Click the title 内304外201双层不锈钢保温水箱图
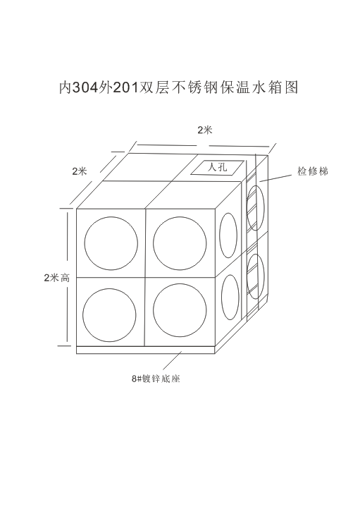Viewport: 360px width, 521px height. (179, 87)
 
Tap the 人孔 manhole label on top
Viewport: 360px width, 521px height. (217, 167)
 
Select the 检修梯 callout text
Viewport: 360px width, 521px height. (313, 171)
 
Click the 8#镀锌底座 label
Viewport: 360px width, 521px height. (156, 379)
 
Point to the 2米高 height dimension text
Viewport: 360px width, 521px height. (57, 278)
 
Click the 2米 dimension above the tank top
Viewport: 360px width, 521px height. (204, 130)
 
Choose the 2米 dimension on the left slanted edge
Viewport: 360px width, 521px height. (80, 171)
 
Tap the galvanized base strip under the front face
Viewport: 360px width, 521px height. (146, 350)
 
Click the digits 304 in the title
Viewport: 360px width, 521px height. (85, 87)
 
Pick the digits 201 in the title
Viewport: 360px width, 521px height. (125, 87)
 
